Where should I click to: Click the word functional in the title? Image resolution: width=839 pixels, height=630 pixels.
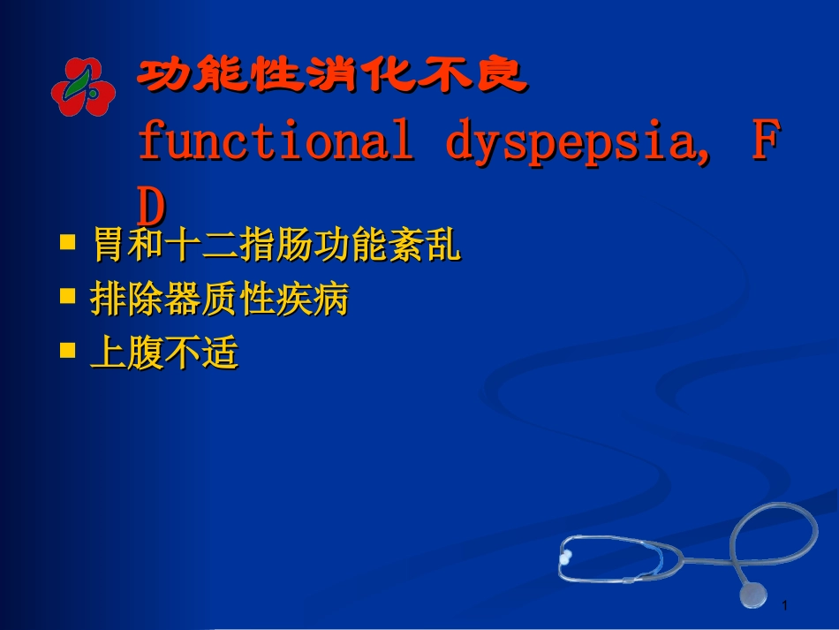click(x=275, y=142)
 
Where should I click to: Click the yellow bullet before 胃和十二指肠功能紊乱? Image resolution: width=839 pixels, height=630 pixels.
click(x=67, y=241)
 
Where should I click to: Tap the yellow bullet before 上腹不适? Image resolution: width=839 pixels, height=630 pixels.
click(x=67, y=350)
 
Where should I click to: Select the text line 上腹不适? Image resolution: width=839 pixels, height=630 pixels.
click(x=164, y=354)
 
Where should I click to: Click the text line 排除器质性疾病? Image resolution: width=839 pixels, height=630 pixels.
click(x=220, y=300)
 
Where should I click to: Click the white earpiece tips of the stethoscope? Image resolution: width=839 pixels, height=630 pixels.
click(x=565, y=557)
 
